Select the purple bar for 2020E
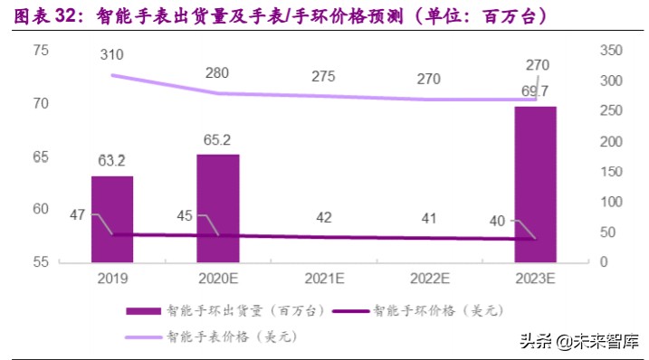pyautogui.click(x=218, y=208)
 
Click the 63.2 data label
pyautogui.click(x=112, y=161)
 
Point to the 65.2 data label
pyautogui.click(x=217, y=140)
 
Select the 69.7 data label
pyautogui.click(x=536, y=90)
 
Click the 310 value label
pyautogui.click(x=112, y=55)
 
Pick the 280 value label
pyautogui.click(x=217, y=72)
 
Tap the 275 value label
pyautogui.click(x=323, y=76)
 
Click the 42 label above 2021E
pyautogui.click(x=323, y=217)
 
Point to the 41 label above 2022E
pyautogui.click(x=429, y=218)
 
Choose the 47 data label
pyautogui.click(x=78, y=214)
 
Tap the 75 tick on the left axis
pyautogui.click(x=41, y=50)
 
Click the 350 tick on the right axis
pyautogui.click(x=612, y=50)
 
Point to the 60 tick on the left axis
pyautogui.click(x=41, y=209)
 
